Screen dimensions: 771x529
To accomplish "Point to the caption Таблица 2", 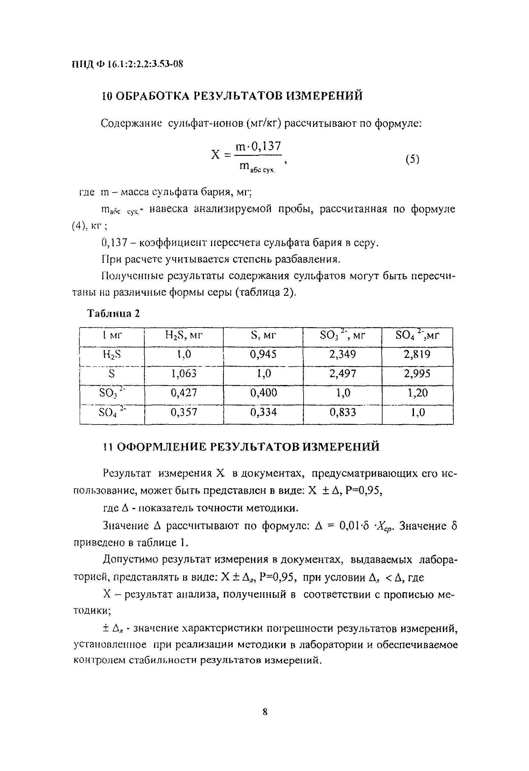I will click(113, 313).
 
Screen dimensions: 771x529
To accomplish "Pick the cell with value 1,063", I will click(184, 374).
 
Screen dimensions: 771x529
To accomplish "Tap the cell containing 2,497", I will click(343, 374).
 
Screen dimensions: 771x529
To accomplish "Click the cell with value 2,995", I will click(417, 374).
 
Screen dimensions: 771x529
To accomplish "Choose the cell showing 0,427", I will click(184, 393).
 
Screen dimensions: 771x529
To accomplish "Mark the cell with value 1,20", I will click(417, 393).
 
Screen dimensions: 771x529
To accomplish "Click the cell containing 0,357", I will click(184, 412).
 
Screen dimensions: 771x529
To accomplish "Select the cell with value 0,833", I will click(343, 412).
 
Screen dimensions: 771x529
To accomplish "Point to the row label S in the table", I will click(112, 374).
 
